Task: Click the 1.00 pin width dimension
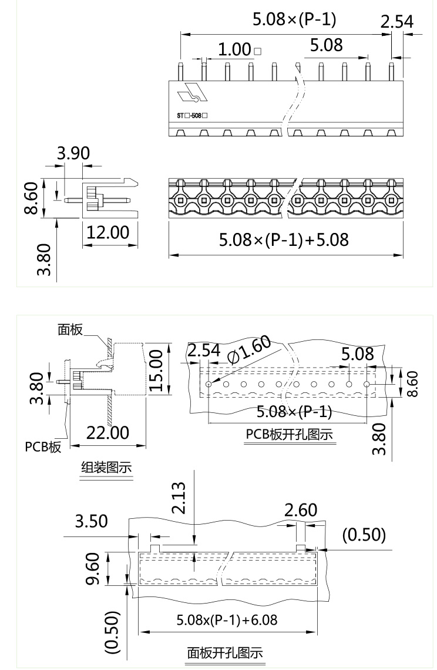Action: click(235, 50)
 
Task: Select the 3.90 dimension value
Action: click(73, 154)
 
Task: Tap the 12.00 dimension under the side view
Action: click(107, 232)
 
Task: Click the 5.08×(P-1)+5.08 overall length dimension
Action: click(284, 240)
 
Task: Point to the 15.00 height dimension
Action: click(156, 369)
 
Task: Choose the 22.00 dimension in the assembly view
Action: click(107, 433)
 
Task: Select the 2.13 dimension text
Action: click(179, 498)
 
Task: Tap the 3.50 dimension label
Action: click(91, 522)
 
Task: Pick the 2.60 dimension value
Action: click(300, 510)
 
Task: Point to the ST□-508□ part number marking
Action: click(192, 116)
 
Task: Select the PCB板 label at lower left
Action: click(43, 446)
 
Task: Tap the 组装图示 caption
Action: click(106, 468)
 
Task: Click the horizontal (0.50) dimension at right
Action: click(364, 535)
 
